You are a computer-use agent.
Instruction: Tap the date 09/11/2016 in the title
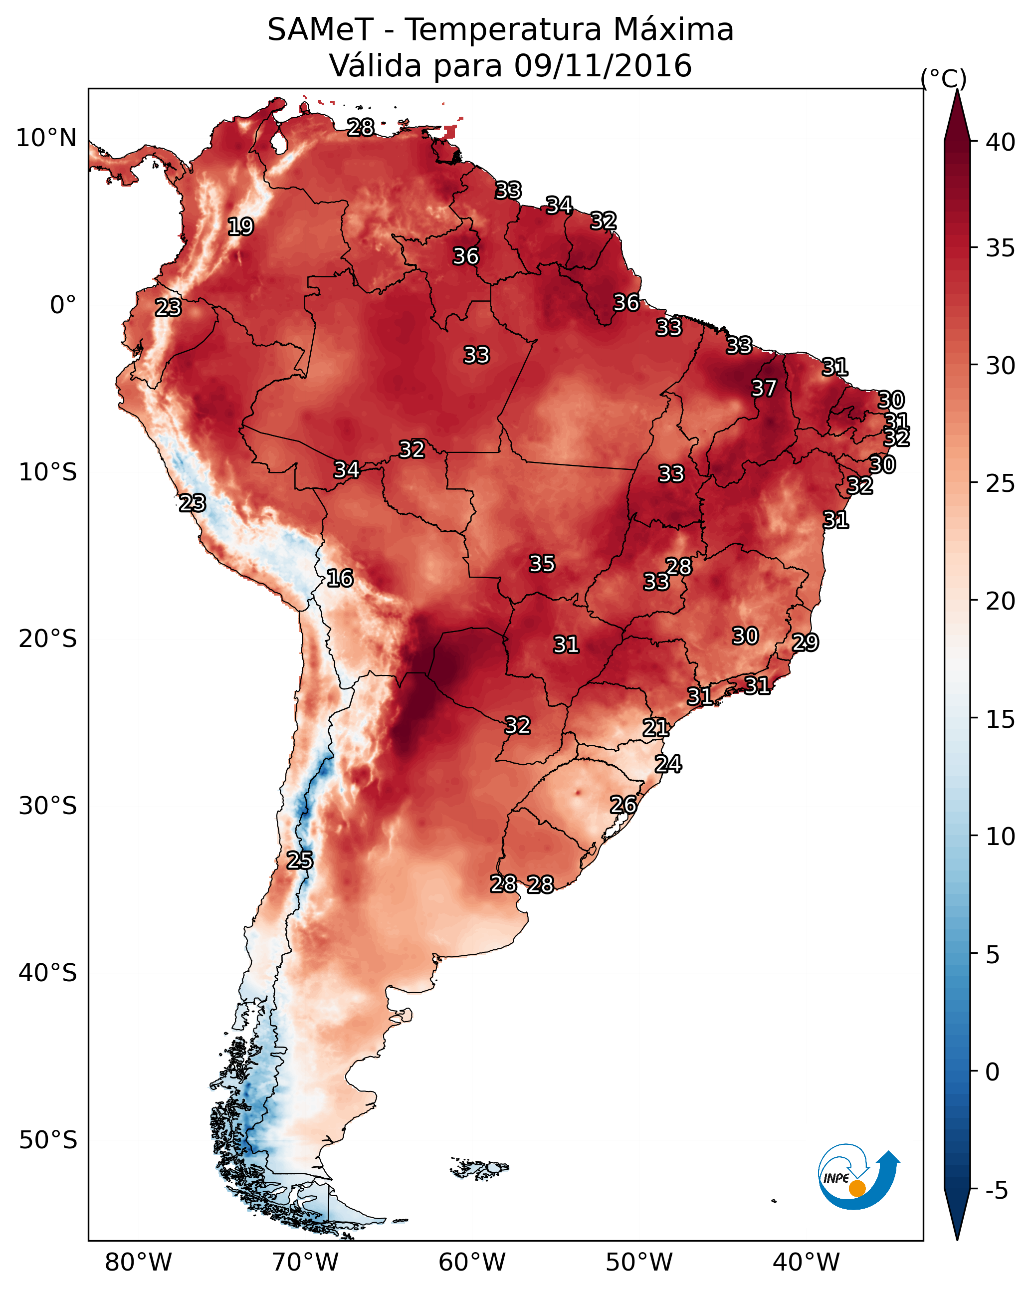click(x=603, y=66)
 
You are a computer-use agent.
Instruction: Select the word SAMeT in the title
click(x=320, y=30)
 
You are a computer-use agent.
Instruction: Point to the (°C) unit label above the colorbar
click(x=944, y=78)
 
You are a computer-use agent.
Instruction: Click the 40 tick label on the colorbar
click(x=1001, y=142)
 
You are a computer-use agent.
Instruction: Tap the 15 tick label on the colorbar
click(x=1001, y=719)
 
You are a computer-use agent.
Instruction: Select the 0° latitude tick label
click(x=63, y=305)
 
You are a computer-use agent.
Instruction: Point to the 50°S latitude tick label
click(x=48, y=1140)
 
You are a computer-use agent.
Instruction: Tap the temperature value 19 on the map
click(x=240, y=227)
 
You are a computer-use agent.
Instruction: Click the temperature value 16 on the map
click(x=340, y=578)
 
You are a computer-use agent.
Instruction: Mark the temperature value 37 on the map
click(x=764, y=388)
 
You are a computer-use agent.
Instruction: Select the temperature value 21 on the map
click(x=656, y=728)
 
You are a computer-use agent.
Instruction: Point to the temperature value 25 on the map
click(x=300, y=860)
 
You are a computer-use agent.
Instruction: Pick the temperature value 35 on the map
click(x=542, y=564)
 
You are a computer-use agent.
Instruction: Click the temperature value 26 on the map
click(x=623, y=805)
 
